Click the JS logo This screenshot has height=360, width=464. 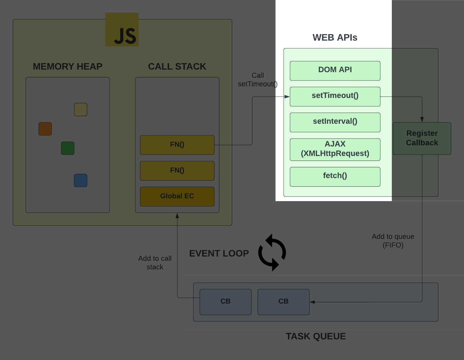(122, 30)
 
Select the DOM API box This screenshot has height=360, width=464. (335, 71)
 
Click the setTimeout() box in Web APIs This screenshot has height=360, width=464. (335, 96)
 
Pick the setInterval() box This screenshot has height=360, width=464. (335, 122)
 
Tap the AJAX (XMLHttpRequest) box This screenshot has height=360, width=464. (335, 149)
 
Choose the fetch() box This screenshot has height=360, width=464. (335, 176)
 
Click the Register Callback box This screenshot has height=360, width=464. (422, 138)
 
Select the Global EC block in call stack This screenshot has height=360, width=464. (177, 196)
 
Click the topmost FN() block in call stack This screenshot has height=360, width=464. (177, 145)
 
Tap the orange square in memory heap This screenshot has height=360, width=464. (45, 129)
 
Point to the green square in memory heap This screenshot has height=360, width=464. (68, 148)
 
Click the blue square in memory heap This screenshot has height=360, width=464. (81, 180)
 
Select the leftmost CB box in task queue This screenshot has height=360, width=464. (225, 302)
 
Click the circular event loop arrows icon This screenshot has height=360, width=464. (272, 252)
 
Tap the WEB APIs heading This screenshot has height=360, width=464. (335, 37)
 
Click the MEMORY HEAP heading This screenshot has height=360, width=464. (67, 66)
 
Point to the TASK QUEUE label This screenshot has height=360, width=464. (315, 336)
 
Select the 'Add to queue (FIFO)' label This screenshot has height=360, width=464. (393, 241)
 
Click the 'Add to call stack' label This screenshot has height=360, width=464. (155, 263)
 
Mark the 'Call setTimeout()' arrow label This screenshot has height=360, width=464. (257, 80)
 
